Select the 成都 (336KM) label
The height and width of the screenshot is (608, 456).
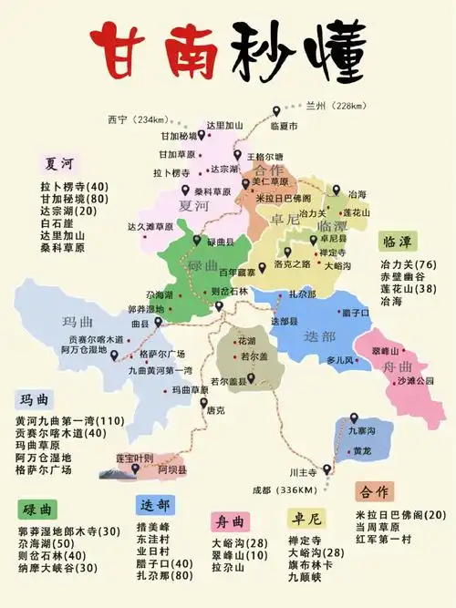pos(287,489)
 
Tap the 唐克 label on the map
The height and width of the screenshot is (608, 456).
pos(215,410)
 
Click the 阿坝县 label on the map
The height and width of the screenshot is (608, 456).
pos(171,469)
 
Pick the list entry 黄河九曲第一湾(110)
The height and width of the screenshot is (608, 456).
pos(68,420)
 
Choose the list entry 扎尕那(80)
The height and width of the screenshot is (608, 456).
pos(164,576)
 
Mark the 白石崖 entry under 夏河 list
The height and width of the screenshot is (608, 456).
pos(57,222)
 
